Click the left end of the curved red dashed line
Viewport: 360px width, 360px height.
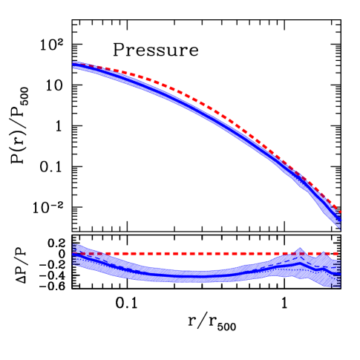tap(73, 63)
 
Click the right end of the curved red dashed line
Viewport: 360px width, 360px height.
tap(341, 212)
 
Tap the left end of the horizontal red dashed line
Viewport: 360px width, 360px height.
tap(73, 253)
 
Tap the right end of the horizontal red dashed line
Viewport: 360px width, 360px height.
tap(339, 253)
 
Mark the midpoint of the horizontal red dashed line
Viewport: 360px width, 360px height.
tap(206, 253)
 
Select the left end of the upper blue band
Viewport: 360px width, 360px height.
tap(74, 66)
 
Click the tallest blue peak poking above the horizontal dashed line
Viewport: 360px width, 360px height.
tap(300, 249)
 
